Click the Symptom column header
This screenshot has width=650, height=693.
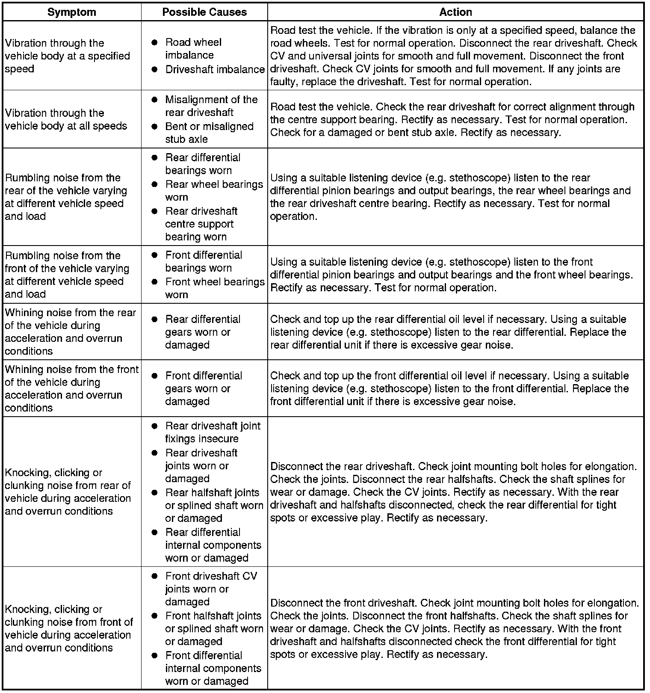[71, 12]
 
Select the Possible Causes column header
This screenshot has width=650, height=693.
[204, 12]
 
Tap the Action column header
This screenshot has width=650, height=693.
[455, 12]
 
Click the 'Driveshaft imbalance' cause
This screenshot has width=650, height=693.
[215, 69]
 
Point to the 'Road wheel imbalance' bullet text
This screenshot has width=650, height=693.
[193, 49]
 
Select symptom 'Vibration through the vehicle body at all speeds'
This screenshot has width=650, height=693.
[66, 119]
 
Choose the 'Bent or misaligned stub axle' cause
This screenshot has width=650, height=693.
[209, 133]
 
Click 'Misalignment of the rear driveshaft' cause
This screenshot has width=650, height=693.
[211, 106]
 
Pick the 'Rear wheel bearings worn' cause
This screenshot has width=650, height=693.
[214, 191]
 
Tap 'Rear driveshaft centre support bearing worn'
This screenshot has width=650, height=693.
[201, 224]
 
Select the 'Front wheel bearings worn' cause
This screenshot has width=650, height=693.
[215, 288]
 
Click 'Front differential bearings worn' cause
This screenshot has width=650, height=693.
[204, 261]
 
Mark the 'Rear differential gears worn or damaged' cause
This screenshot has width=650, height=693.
[203, 332]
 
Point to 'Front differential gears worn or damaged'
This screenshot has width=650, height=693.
[204, 388]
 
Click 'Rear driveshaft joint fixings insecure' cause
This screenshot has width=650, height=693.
[213, 432]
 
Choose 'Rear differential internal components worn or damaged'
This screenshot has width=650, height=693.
[213, 545]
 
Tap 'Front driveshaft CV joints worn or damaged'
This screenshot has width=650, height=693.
[211, 589]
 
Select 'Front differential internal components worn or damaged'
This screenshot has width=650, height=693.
[213, 668]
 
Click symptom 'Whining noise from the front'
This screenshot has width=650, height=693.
[71, 388]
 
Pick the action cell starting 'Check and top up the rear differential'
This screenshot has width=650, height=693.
[448, 332]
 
